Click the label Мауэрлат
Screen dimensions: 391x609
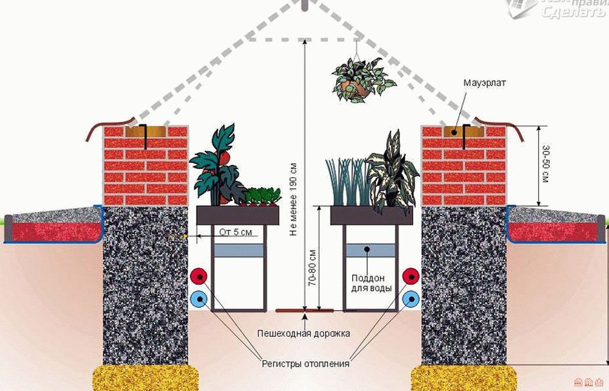485,83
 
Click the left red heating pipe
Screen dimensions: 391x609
200,276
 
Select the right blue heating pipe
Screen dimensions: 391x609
411,299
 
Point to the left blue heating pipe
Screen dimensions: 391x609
200,299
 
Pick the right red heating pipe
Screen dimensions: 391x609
411,276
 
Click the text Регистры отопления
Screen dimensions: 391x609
305,364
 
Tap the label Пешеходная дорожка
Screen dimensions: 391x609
304,334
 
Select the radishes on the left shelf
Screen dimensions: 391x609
261,197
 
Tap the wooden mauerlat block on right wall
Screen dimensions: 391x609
463,131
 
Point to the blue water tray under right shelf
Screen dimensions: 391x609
370,250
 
